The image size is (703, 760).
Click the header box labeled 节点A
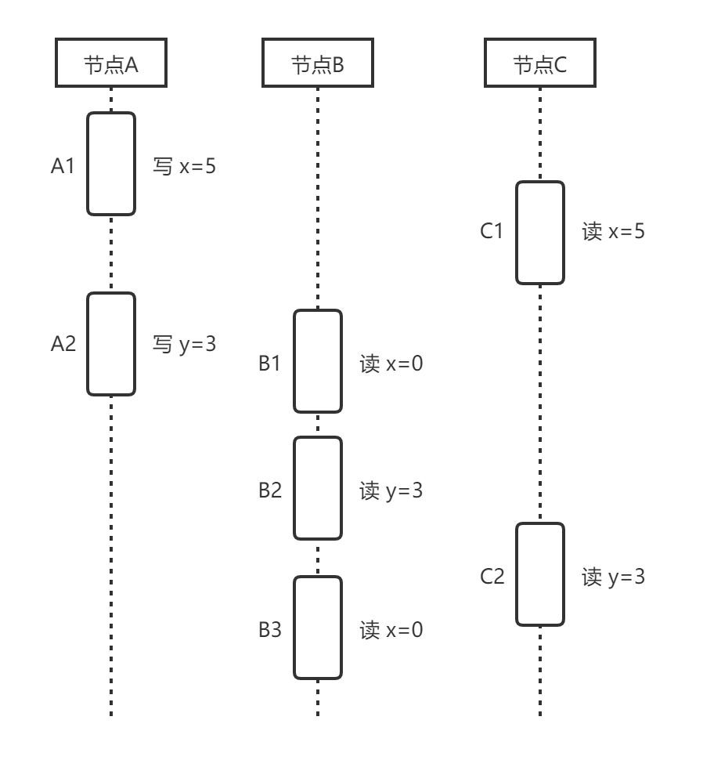110,65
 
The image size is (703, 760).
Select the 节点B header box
317,65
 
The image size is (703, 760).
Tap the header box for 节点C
539,65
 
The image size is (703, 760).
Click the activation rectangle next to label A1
110,163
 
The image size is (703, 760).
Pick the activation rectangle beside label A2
110,343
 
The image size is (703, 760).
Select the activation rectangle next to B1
317,361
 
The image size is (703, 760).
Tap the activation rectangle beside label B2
317,488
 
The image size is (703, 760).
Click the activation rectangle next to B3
317,628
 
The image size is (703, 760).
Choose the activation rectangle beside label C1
539,232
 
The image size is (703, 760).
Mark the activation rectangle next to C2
539,574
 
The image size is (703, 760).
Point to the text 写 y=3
183,343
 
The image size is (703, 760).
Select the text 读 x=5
613,232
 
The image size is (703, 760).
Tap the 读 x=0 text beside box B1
391,364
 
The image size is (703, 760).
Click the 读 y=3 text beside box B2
391,491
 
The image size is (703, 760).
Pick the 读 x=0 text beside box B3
391,630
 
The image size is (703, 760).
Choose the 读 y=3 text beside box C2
613,577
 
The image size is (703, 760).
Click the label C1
491,232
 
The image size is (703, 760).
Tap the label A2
63,343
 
